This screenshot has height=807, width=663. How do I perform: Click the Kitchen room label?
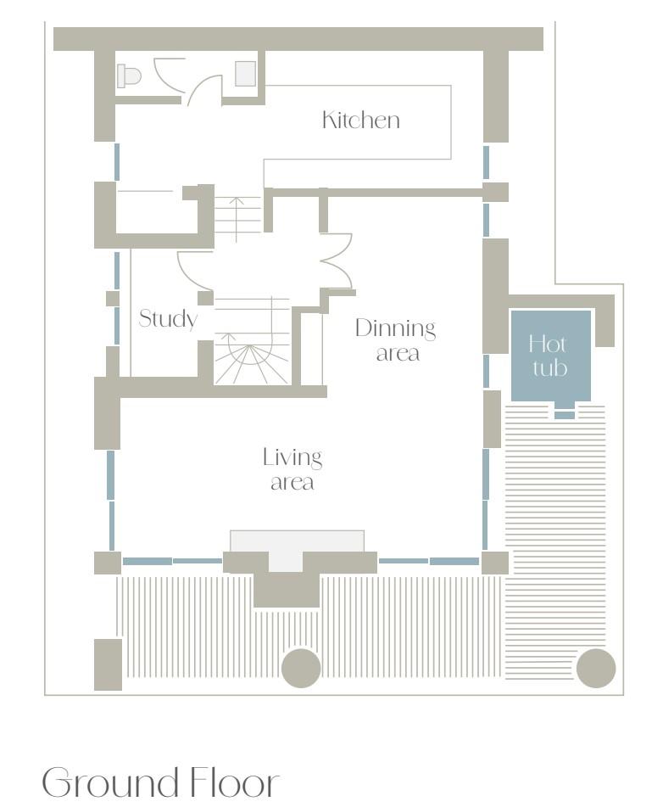click(360, 120)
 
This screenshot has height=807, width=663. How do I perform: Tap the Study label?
click(168, 318)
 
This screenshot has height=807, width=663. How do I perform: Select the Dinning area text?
click(396, 340)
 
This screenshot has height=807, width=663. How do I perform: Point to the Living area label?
click(292, 469)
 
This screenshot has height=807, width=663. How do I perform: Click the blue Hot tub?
click(550, 355)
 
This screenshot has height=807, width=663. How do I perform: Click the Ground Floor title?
click(160, 782)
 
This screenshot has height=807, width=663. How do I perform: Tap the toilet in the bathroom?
click(129, 76)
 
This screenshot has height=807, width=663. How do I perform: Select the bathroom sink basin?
click(245, 74)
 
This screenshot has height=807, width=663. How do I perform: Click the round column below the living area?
click(302, 668)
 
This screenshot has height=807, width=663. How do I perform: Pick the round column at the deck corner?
click(596, 668)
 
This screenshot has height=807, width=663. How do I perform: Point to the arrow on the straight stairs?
click(236, 219)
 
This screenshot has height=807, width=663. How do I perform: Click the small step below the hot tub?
click(565, 415)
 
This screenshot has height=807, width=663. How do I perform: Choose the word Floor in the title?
click(235, 782)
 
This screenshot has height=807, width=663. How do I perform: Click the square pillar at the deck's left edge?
click(108, 664)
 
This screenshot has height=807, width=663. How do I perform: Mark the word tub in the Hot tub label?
click(550, 368)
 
